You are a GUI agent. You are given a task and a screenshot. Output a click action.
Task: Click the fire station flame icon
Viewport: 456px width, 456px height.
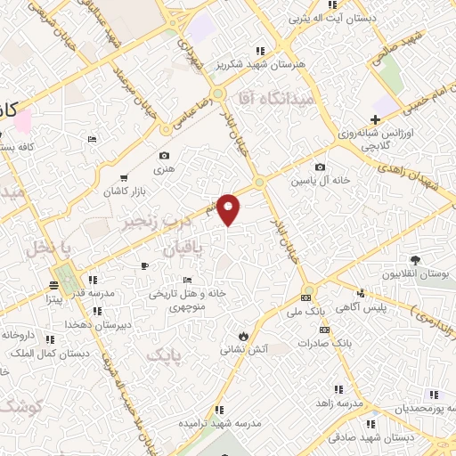244,336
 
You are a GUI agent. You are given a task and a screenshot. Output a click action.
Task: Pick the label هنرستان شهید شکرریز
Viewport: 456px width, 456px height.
261,64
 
